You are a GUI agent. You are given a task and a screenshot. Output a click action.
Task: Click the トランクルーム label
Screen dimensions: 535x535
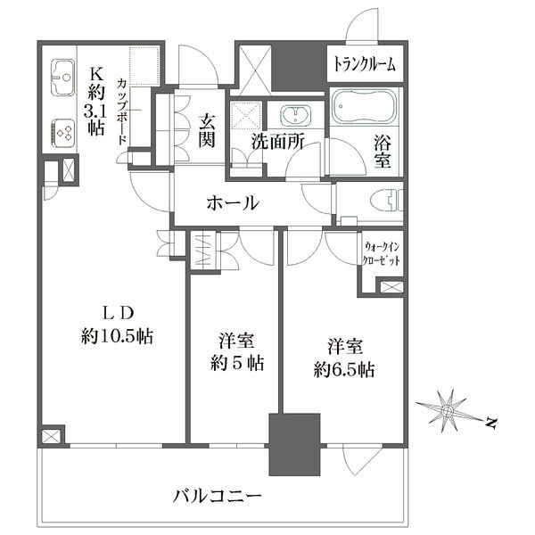[x=365, y=64]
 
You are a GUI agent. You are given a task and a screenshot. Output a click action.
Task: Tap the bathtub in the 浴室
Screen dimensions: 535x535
[x=364, y=106]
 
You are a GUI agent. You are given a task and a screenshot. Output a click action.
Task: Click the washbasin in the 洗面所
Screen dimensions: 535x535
[x=295, y=114]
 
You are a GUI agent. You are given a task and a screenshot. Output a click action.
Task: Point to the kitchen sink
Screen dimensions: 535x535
[x=62, y=78]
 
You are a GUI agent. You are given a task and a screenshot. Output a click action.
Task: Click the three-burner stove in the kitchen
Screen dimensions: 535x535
[x=63, y=133]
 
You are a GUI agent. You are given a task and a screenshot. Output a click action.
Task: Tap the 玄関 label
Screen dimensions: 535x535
[x=207, y=131]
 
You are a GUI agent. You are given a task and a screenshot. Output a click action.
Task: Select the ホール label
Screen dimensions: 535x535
[x=233, y=203]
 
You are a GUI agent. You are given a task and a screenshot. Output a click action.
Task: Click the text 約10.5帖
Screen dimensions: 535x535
[x=117, y=336]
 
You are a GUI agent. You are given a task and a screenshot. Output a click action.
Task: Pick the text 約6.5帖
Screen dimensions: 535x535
[x=344, y=370]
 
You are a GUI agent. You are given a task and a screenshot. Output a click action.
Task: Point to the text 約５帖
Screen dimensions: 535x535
[x=237, y=363]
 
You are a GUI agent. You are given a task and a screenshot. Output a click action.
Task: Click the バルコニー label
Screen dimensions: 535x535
[x=218, y=496]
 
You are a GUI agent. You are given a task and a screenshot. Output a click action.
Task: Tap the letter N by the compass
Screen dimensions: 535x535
[x=490, y=423]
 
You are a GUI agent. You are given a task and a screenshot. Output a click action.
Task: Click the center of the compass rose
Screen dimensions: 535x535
[x=446, y=410]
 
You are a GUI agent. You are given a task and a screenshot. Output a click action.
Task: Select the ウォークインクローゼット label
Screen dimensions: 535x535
[x=381, y=253]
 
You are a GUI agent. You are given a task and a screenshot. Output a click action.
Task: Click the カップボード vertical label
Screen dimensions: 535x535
[x=122, y=111]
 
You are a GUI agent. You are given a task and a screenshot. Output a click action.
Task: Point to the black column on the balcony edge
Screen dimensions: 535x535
[x=294, y=445]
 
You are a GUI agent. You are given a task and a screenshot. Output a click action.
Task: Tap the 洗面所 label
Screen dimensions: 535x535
[x=277, y=142]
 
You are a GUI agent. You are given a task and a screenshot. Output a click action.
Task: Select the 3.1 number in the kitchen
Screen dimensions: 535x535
[x=95, y=111]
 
